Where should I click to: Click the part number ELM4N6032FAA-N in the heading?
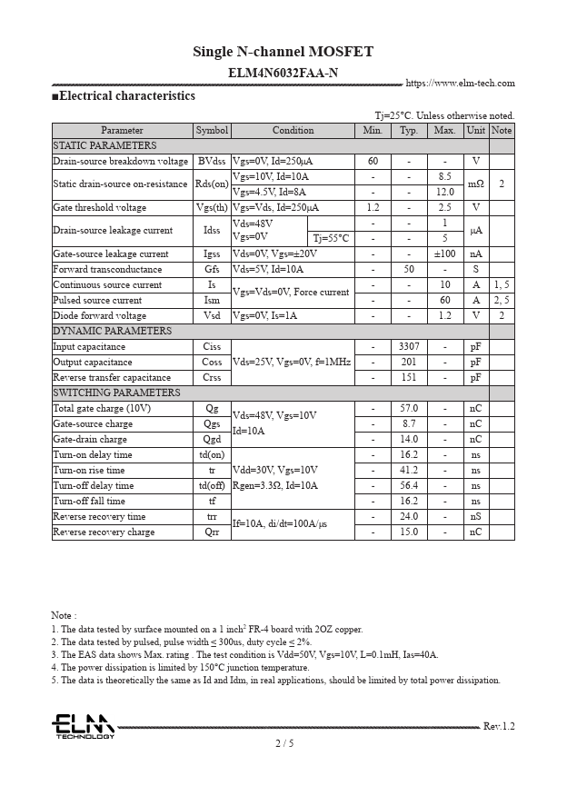click(283, 73)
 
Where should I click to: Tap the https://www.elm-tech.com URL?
click(460, 84)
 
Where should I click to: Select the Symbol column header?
click(213, 130)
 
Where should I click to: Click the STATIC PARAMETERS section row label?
click(104, 145)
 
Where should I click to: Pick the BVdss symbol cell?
click(213, 161)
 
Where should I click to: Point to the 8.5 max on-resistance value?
click(444, 176)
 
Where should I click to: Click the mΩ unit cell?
click(475, 184)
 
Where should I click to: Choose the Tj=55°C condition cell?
click(331, 238)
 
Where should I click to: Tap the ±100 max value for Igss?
click(444, 254)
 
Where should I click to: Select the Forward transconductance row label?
click(107, 269)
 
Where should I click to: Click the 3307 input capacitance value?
click(409, 346)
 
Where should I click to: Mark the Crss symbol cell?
click(213, 377)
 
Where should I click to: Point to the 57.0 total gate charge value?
click(409, 408)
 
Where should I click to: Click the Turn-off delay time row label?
click(94, 485)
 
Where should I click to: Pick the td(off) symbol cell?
click(213, 485)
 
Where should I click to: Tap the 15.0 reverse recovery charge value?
click(409, 532)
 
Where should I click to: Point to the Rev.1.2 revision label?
click(499, 726)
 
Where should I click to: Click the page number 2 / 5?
click(283, 743)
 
